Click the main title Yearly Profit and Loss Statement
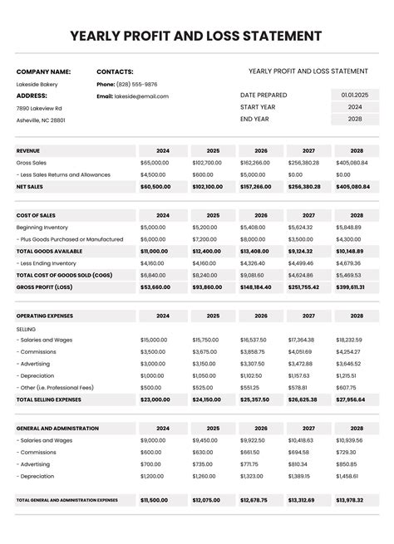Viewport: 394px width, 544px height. pos(196,36)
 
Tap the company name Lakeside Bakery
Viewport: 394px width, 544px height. pos(37,84)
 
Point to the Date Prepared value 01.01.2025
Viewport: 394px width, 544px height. pos(355,95)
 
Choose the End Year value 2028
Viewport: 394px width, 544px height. pos(355,119)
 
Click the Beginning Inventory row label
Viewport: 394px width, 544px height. pos(41,227)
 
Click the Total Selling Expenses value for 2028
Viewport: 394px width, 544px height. pos(350,399)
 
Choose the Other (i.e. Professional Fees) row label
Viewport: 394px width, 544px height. pos(54,387)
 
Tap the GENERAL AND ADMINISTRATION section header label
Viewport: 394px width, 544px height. pos(57,429)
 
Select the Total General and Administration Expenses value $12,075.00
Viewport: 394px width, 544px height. pos(205,500)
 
